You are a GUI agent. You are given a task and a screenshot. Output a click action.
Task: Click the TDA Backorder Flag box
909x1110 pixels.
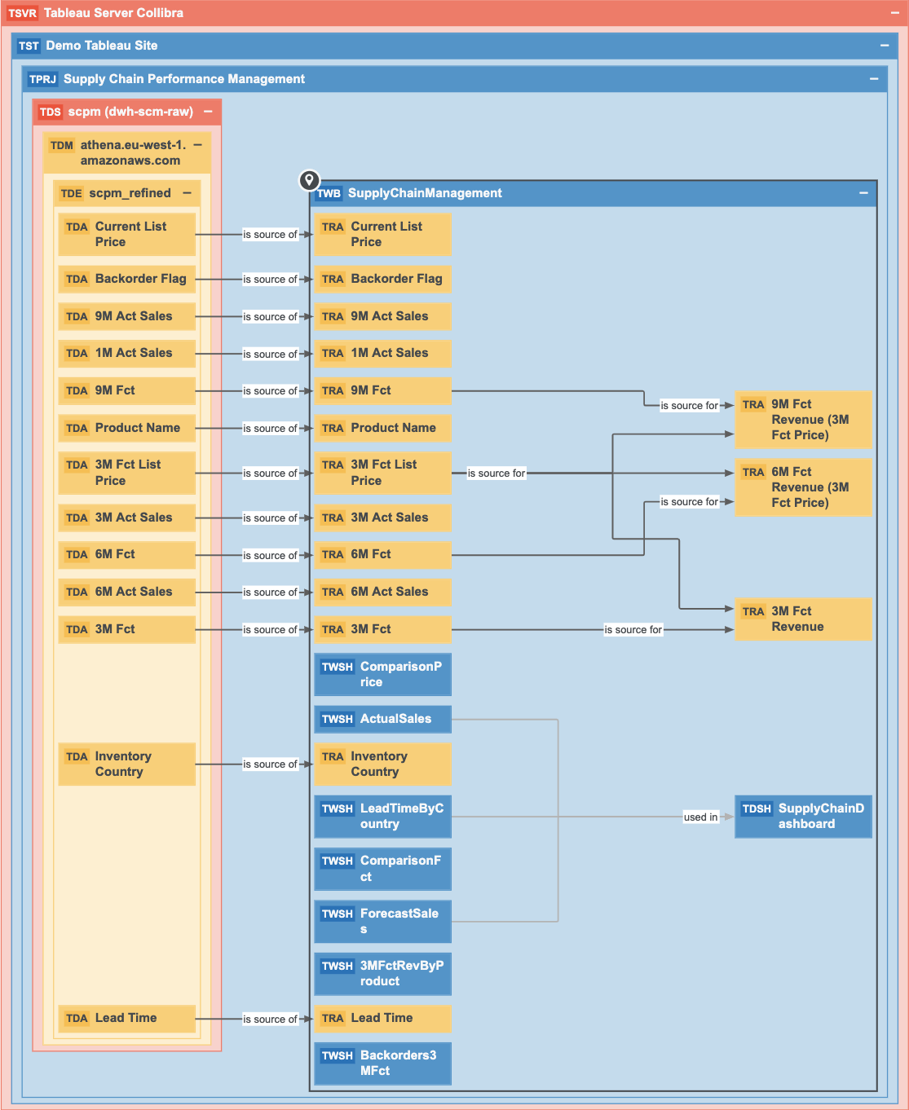click(x=126, y=279)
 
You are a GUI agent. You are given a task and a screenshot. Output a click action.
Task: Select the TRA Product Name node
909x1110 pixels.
click(x=382, y=428)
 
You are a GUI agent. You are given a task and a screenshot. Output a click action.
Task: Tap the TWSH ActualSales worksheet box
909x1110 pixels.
click(x=382, y=719)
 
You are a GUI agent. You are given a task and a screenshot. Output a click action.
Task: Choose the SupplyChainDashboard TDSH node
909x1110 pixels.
click(x=803, y=816)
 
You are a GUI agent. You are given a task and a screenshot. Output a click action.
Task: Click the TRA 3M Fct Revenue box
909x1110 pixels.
click(x=803, y=619)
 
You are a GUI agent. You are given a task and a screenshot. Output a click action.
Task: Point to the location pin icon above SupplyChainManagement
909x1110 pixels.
click(x=309, y=180)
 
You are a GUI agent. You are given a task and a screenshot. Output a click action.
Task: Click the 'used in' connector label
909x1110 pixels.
click(x=701, y=817)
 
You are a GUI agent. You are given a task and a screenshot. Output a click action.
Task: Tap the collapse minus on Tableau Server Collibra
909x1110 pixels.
click(x=894, y=13)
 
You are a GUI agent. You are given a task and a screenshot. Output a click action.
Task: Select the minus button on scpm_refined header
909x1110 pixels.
click(x=188, y=193)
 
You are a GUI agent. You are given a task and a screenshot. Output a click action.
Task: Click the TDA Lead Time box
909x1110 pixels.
click(x=126, y=1018)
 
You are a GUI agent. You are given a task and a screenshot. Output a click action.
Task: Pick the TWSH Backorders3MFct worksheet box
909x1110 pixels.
click(x=382, y=1063)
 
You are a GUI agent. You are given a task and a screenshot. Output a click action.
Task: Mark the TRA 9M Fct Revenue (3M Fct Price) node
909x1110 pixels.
click(x=803, y=420)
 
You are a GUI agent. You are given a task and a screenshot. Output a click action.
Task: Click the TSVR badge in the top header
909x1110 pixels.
click(x=23, y=13)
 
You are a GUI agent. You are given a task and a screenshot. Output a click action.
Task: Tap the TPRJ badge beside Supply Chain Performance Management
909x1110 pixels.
click(x=42, y=79)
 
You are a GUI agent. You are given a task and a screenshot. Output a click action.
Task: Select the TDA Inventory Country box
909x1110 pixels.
click(x=126, y=764)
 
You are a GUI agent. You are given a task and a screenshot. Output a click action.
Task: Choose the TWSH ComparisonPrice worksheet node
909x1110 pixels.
click(x=382, y=674)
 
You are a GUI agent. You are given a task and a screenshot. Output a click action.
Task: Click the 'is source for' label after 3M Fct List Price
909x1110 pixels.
click(x=496, y=473)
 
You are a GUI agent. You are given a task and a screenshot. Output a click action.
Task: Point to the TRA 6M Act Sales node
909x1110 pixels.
click(x=382, y=592)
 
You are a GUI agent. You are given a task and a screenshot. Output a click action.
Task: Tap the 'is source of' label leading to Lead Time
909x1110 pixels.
click(x=270, y=1019)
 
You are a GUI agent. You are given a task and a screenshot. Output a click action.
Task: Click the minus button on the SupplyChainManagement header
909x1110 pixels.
click(x=863, y=193)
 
